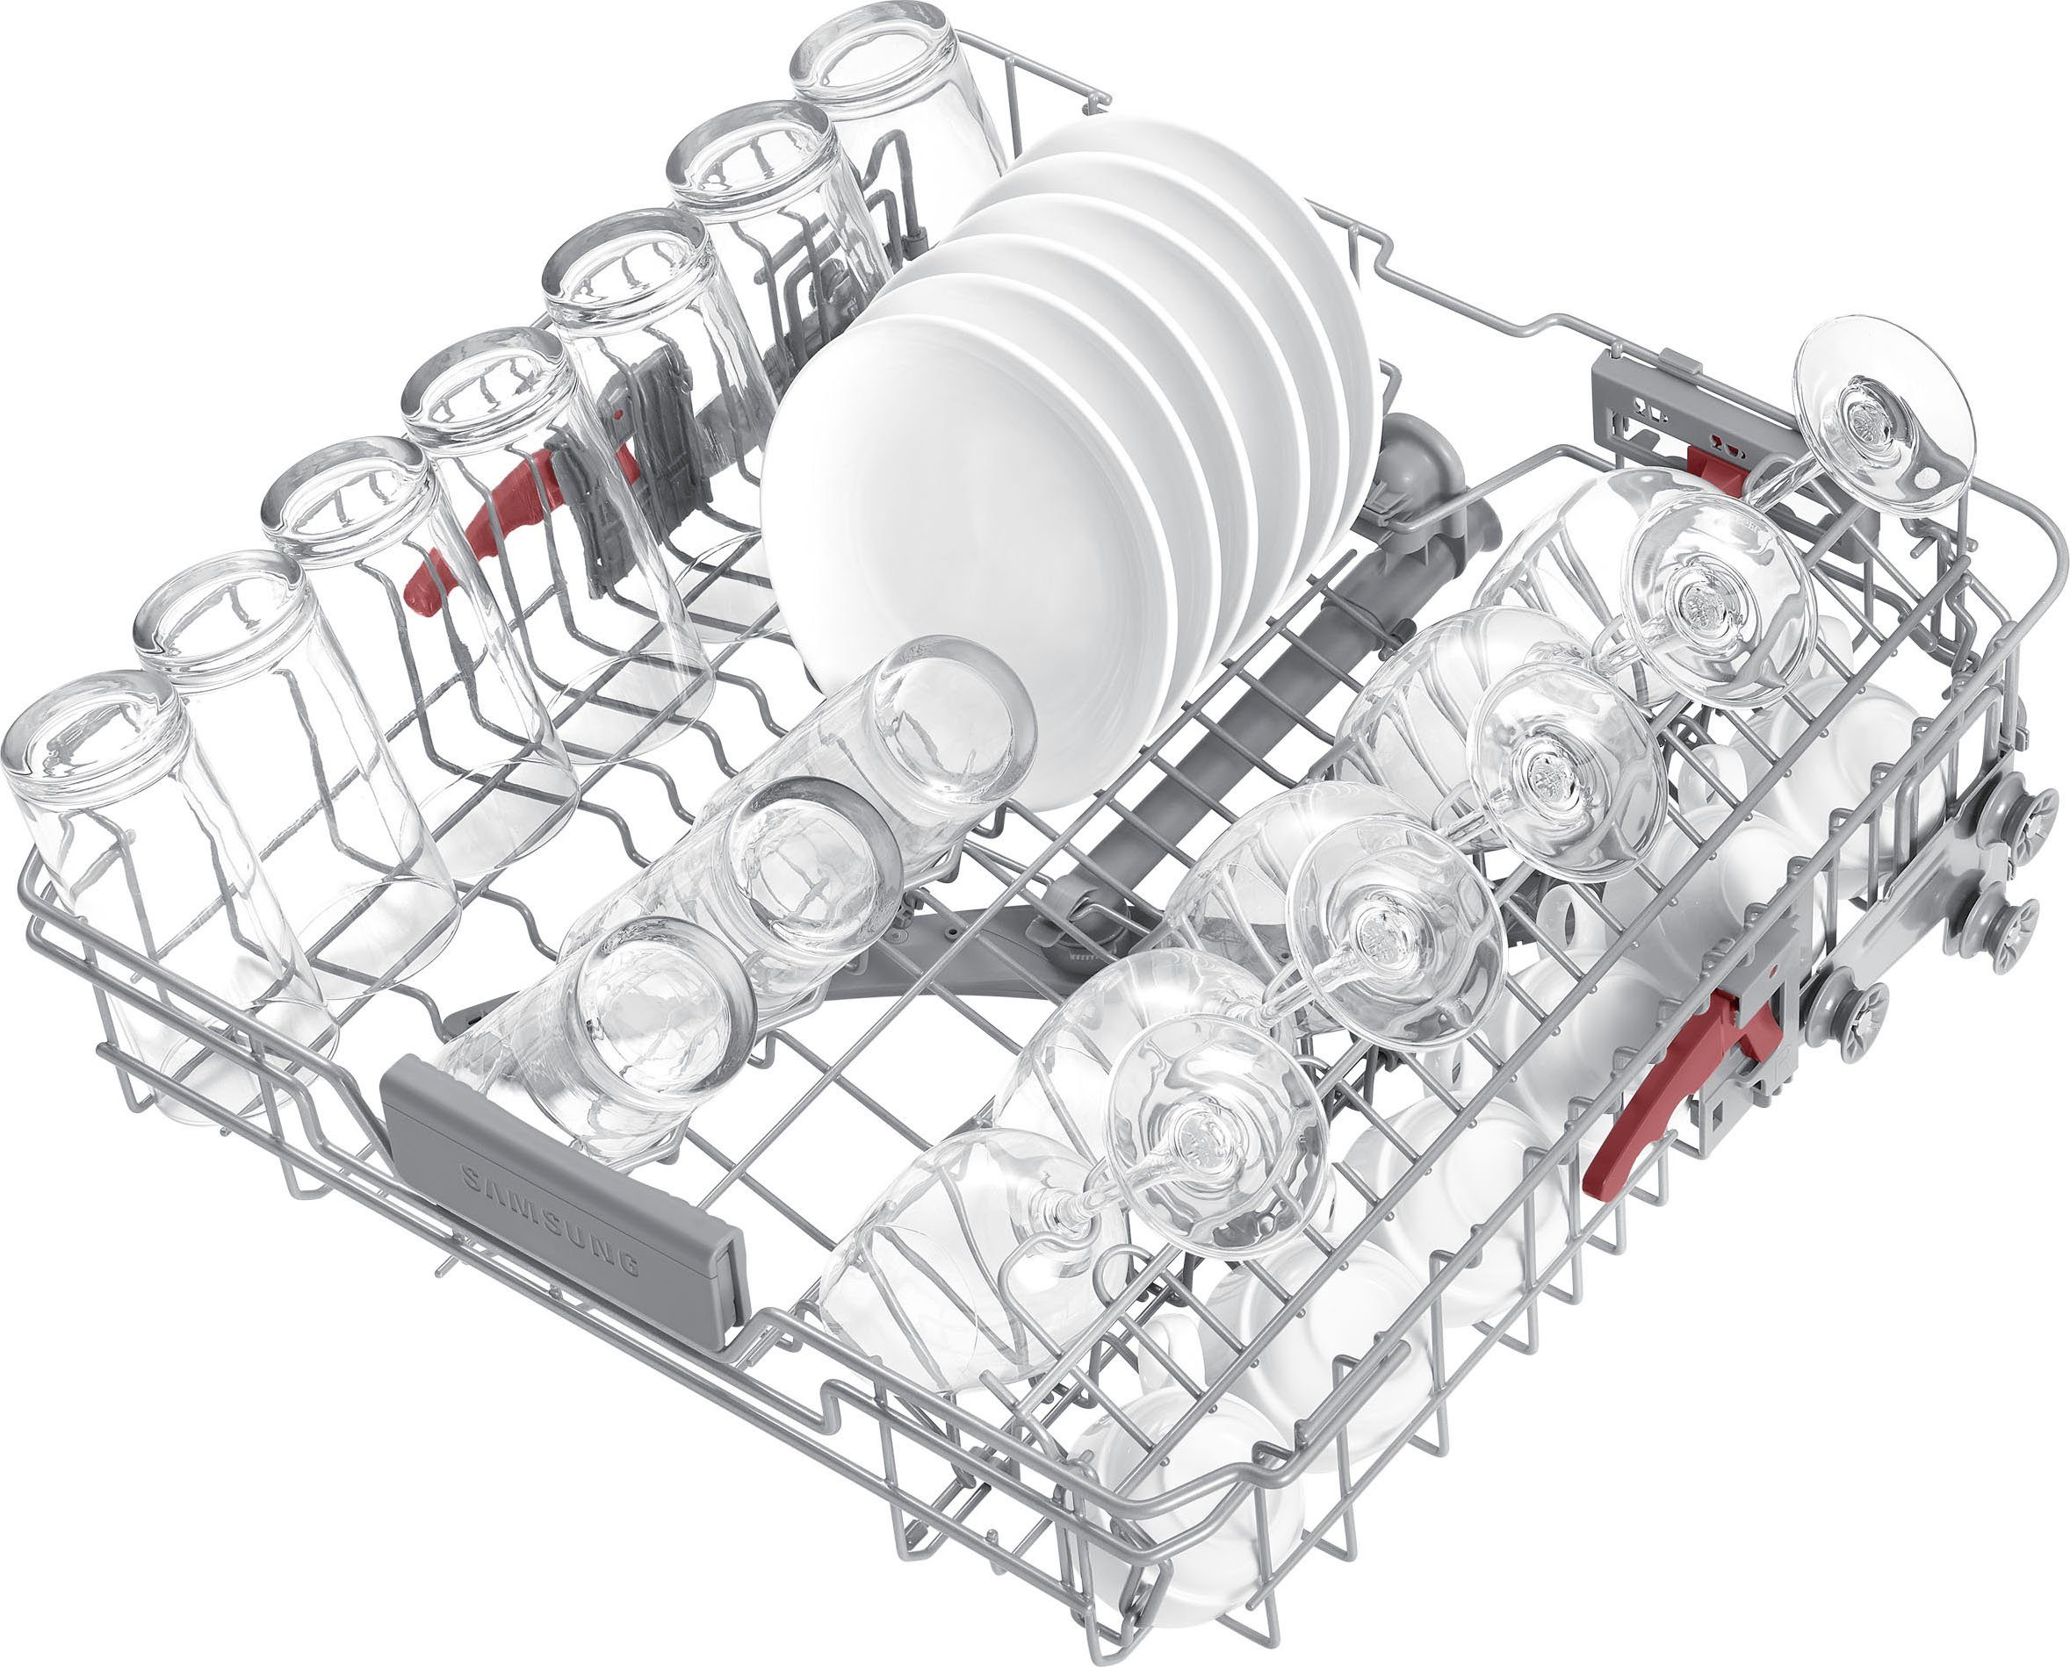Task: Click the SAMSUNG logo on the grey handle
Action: (x=551, y=1219)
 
